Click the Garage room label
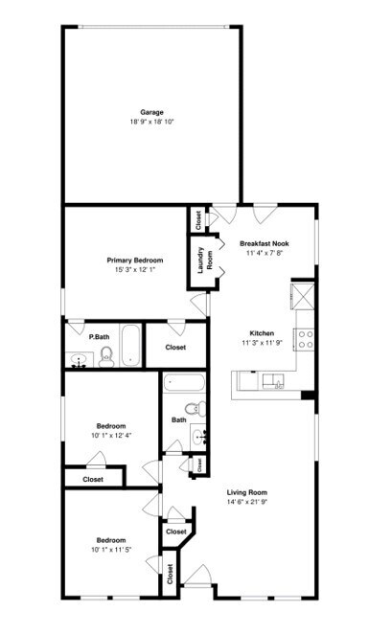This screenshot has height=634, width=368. (151, 112)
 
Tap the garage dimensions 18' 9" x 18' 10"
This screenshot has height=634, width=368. (151, 122)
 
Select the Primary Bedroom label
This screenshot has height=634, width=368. (134, 260)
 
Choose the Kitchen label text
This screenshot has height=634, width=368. (263, 332)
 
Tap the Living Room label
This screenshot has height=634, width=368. (246, 492)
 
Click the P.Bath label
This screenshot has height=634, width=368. (97, 337)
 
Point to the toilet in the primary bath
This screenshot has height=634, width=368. (106, 357)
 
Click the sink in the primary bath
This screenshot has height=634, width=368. (80, 360)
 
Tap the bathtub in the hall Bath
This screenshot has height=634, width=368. (185, 385)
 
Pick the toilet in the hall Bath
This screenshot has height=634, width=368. (194, 410)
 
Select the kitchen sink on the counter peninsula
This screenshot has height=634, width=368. (273, 382)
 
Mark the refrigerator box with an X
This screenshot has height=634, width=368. (305, 293)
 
